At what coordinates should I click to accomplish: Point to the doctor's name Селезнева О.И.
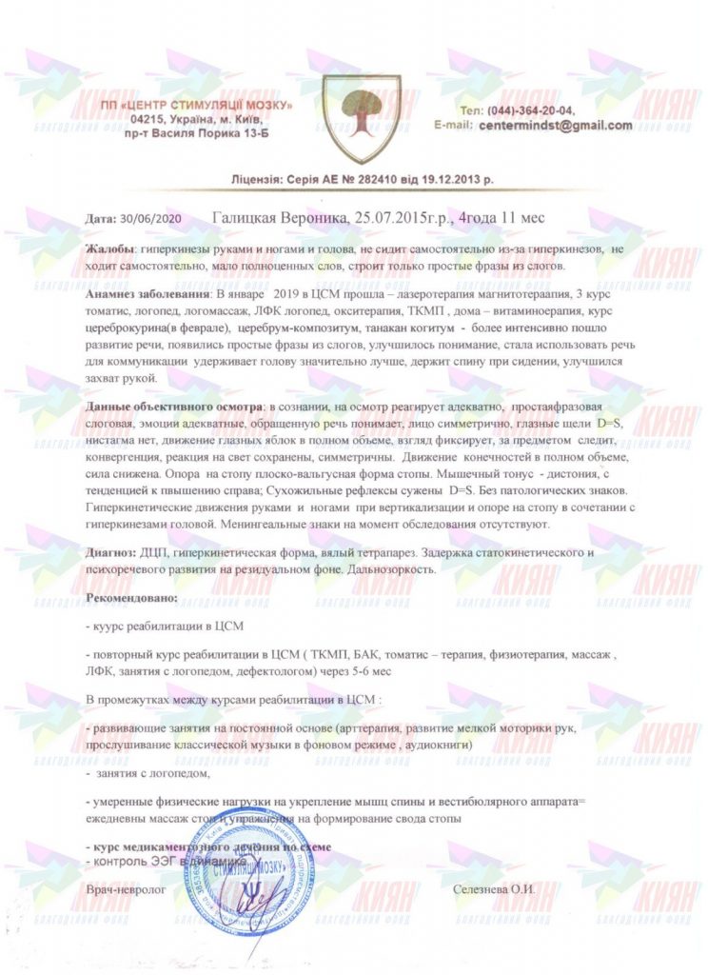point(495,887)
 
